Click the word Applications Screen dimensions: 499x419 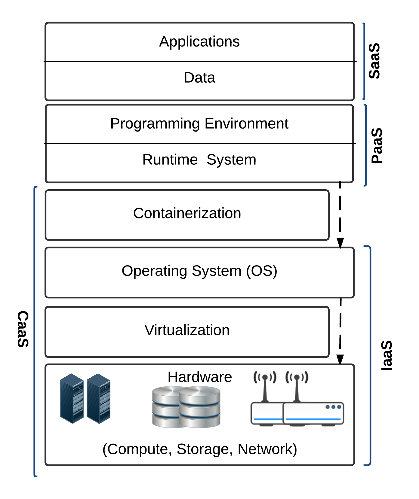click(199, 41)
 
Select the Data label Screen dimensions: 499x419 click(199, 78)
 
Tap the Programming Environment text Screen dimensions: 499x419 click(199, 123)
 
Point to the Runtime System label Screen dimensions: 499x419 click(199, 160)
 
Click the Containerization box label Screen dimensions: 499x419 click(187, 213)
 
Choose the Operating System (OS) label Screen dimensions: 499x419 click(199, 271)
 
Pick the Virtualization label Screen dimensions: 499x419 click(187, 330)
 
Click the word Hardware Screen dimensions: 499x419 click(200, 377)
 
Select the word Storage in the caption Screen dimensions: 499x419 click(203, 449)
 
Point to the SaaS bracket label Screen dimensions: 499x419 click(374, 61)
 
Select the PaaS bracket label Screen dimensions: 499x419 click(377, 146)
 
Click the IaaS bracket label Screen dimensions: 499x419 click(387, 355)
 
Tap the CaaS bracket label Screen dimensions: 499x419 click(23, 329)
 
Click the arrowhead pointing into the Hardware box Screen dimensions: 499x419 click(340, 360)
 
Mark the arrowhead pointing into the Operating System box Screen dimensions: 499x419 click(340, 243)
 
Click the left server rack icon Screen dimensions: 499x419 click(72, 398)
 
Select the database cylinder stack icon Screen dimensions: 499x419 click(186, 407)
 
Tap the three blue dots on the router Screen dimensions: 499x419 click(333, 407)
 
